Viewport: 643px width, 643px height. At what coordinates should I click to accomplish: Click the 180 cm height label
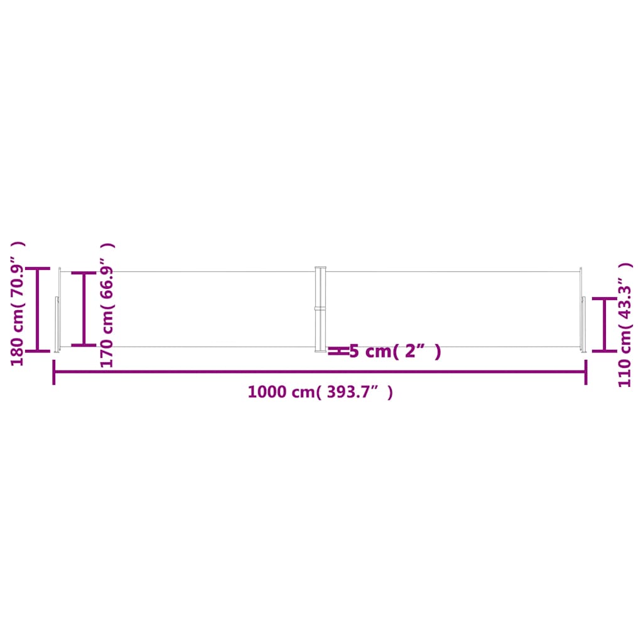[x=17, y=304]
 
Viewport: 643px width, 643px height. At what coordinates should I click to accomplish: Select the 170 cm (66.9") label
[x=107, y=305]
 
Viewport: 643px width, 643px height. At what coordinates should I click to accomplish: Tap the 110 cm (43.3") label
[x=625, y=325]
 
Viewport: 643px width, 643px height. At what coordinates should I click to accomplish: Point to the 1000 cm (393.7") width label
[x=320, y=392]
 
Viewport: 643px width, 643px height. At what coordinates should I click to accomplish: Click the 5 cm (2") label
[x=394, y=352]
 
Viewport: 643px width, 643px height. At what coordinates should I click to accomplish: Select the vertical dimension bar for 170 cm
[x=84, y=309]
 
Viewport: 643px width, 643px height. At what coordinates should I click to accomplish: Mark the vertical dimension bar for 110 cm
[x=605, y=325]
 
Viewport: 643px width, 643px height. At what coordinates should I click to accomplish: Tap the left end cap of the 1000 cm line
[x=54, y=372]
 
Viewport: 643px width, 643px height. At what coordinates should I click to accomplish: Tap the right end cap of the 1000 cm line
[x=586, y=372]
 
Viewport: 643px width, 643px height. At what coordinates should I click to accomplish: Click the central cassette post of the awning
[x=321, y=309]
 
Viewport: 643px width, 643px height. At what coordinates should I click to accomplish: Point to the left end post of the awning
[x=58, y=309]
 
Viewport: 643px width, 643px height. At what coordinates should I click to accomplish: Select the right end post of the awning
[x=582, y=309]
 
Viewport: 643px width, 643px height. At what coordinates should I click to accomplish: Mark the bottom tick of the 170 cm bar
[x=84, y=345]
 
